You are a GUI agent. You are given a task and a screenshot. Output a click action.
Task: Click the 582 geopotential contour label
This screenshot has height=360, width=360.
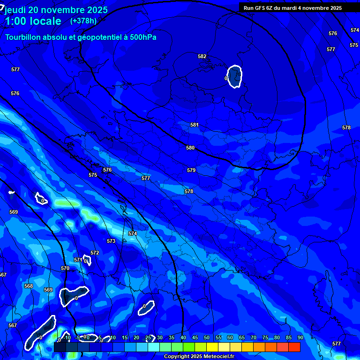click(202, 57)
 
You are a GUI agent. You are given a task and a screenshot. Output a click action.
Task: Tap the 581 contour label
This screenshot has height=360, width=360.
click(195, 125)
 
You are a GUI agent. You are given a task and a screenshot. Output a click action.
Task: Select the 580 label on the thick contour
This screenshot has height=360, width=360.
click(190, 148)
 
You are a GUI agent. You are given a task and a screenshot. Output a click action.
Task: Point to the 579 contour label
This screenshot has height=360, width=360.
click(191, 171)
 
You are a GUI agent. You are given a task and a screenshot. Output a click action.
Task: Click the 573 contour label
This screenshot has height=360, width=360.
click(111, 241)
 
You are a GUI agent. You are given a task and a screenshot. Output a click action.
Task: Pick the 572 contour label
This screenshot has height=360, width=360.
click(95, 253)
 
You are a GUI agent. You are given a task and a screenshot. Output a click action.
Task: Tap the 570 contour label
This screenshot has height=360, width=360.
click(65, 269)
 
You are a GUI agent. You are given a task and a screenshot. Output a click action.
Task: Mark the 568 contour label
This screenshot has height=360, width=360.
click(29, 286)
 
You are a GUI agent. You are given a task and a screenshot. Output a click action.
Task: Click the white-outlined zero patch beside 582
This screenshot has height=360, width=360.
click(234, 76)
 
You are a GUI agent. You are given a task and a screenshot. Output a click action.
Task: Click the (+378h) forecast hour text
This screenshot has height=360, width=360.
click(83, 21)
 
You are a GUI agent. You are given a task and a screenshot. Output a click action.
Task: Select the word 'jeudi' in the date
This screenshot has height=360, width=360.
click(15, 10)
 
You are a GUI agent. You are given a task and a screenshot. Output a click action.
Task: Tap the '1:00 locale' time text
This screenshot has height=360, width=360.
click(33, 21)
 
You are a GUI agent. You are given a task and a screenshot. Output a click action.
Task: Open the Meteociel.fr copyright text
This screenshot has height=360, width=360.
click(199, 357)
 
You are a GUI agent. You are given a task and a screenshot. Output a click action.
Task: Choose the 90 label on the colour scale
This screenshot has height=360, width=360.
click(300, 338)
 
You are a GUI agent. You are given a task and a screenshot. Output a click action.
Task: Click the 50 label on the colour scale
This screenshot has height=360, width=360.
click(206, 338)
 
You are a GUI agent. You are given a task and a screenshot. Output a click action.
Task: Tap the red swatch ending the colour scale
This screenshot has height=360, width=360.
click(294, 347)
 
